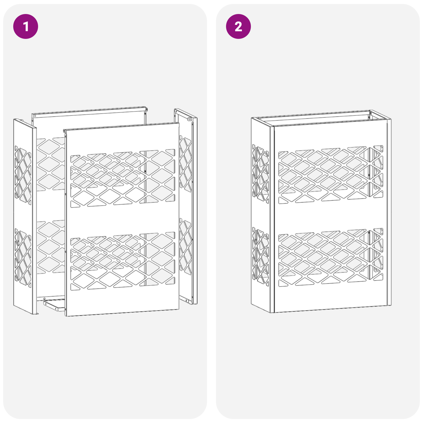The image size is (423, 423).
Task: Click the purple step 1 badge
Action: coord(26,26)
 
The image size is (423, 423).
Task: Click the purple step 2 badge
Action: coord(238,26)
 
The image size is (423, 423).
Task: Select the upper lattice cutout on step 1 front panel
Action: coord(123,179)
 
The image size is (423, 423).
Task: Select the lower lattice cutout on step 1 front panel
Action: coord(123,261)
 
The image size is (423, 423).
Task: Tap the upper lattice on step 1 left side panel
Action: coord(23,175)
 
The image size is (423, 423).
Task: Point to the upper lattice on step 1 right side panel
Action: coord(185,163)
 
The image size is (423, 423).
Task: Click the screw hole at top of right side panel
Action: coord(190,119)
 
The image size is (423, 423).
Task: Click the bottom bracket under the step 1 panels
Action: coord(54,305)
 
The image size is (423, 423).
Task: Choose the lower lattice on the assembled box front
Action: coord(330,258)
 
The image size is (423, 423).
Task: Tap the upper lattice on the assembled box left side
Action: coord(260,173)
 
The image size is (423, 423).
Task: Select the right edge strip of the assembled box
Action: coord(389,212)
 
